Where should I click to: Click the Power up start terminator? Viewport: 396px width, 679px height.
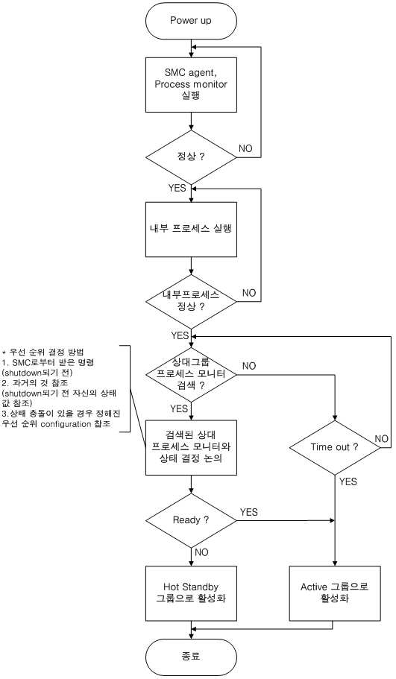(191, 21)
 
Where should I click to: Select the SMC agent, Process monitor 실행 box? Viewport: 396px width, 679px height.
(191, 85)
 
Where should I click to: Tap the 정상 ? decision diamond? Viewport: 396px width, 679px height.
(191, 157)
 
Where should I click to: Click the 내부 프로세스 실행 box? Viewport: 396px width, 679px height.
(191, 229)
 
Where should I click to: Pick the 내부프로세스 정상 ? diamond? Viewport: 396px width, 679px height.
(191, 301)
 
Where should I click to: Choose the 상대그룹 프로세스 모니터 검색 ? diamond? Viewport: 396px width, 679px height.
(191, 373)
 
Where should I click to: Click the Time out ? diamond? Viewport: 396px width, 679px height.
(335, 447)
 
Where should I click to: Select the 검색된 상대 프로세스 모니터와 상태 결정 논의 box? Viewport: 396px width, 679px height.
(191, 447)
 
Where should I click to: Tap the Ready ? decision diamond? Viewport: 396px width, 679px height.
(191, 520)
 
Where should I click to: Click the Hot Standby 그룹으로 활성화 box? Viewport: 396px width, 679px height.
(191, 593)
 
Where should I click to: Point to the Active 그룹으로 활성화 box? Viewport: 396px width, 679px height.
(335, 593)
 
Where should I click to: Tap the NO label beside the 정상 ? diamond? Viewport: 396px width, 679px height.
(245, 148)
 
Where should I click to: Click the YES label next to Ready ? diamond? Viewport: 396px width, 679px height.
(248, 512)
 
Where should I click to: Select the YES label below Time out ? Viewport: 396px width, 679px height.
(348, 481)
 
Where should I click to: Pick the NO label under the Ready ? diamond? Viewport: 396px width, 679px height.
(201, 552)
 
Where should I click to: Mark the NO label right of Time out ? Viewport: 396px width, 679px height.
(382, 439)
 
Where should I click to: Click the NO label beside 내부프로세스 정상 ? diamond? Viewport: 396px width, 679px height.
(249, 293)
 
